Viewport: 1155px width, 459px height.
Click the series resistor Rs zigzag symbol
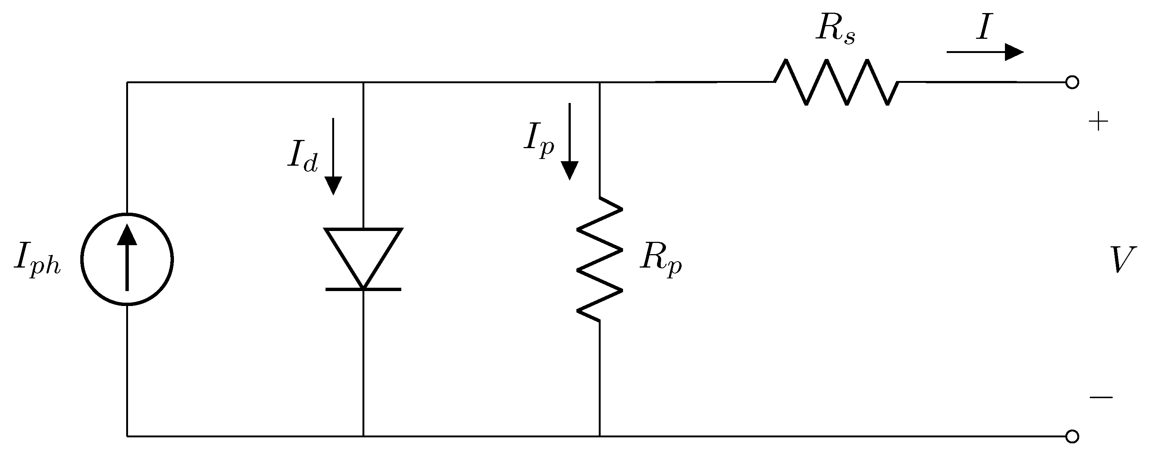pyautogui.click(x=836, y=82)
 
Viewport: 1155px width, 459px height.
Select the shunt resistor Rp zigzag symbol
pyautogui.click(x=600, y=259)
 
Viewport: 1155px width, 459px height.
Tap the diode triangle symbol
pyautogui.click(x=363, y=253)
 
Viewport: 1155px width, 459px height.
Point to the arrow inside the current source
pyautogui.click(x=127, y=258)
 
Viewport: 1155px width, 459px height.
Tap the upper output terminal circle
pyautogui.click(x=1072, y=82)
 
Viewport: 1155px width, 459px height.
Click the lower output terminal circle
pyautogui.click(x=1072, y=436)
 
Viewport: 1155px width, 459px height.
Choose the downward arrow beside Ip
pyautogui.click(x=569, y=141)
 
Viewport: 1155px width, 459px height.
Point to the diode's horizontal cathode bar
pyautogui.click(x=363, y=290)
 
